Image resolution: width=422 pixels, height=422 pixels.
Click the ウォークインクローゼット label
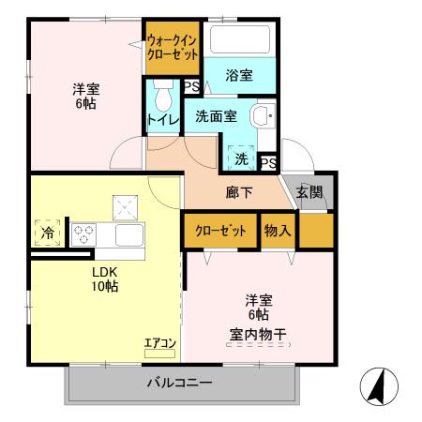(172, 48)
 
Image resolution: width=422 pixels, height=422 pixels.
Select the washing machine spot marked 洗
(240, 158)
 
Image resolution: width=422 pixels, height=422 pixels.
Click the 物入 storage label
(278, 231)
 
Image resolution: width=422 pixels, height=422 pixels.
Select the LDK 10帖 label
(103, 279)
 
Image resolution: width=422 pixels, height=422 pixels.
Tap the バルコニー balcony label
(179, 383)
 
